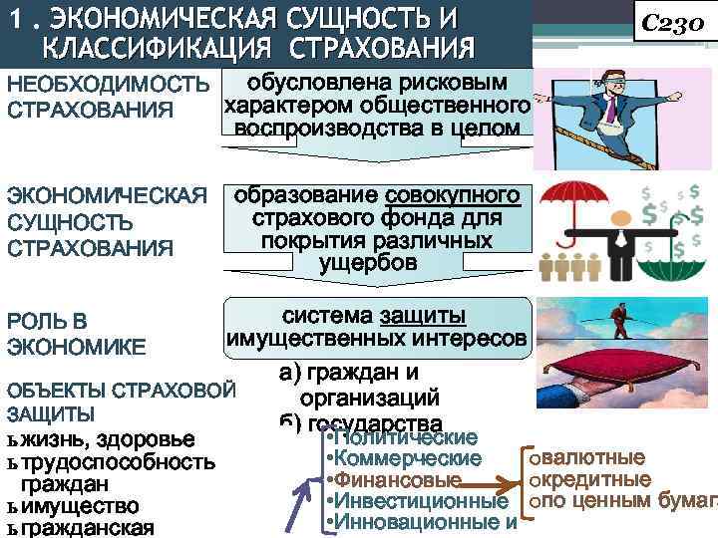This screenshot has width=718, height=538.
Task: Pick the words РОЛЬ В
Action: point(47,321)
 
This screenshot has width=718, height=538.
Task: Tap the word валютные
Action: point(591,458)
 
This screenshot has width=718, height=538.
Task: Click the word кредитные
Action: point(595,479)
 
